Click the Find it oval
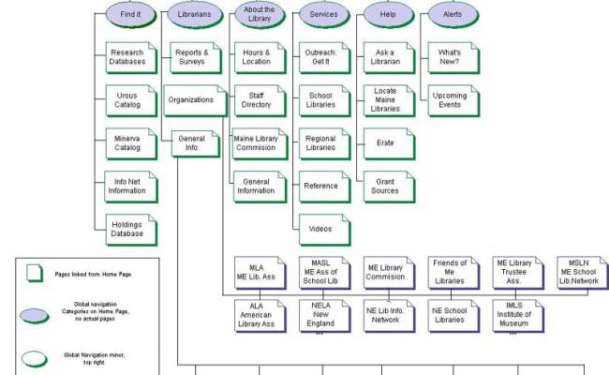click(x=129, y=14)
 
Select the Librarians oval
click(x=194, y=14)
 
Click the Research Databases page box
click(x=128, y=57)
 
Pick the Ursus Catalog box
click(x=128, y=99)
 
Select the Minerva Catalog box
click(x=128, y=142)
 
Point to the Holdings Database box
click(x=128, y=229)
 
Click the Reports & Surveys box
click(x=193, y=57)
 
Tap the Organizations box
click(x=191, y=99)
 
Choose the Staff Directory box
click(x=258, y=99)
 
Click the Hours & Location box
click(x=258, y=57)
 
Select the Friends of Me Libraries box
click(x=452, y=274)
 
